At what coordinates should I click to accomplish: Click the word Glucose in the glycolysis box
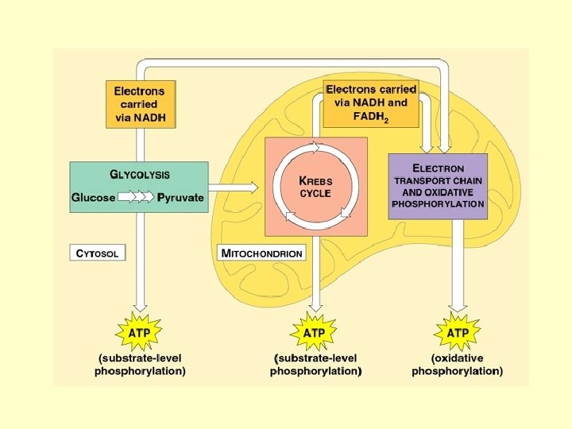(94, 197)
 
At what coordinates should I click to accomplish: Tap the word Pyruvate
(180, 197)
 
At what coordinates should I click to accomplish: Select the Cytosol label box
(98, 253)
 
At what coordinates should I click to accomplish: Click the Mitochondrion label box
(261, 253)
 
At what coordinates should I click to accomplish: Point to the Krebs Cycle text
(315, 187)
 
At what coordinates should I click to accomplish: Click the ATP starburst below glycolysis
(140, 333)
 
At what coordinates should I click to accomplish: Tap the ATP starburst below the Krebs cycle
(315, 333)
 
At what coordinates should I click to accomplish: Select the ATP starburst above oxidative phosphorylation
(458, 333)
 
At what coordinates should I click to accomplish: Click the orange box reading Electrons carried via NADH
(140, 103)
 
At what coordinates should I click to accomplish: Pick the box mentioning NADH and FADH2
(371, 103)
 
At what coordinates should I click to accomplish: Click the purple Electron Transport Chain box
(437, 187)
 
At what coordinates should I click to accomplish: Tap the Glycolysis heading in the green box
(139, 175)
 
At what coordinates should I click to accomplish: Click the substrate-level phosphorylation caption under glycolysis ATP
(140, 365)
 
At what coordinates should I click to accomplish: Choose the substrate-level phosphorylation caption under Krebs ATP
(315, 365)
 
